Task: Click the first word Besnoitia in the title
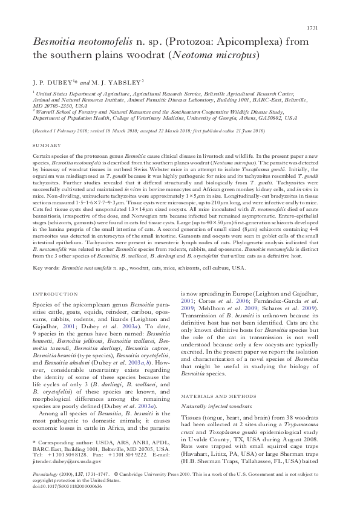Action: (56, 42)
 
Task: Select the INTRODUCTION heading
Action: (53, 294)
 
